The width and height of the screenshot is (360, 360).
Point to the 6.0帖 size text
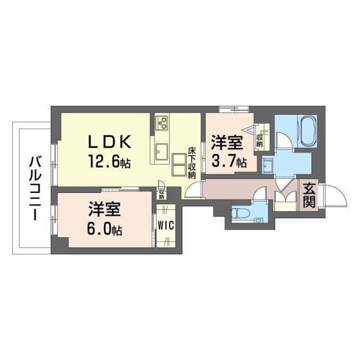click(105, 229)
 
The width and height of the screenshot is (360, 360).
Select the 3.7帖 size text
click(228, 163)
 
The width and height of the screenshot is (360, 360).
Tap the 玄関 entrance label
click(308, 195)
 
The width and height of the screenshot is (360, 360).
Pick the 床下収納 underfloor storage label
click(192, 163)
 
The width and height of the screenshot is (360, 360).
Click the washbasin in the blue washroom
click(267, 164)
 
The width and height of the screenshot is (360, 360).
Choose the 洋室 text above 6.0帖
click(105, 210)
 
